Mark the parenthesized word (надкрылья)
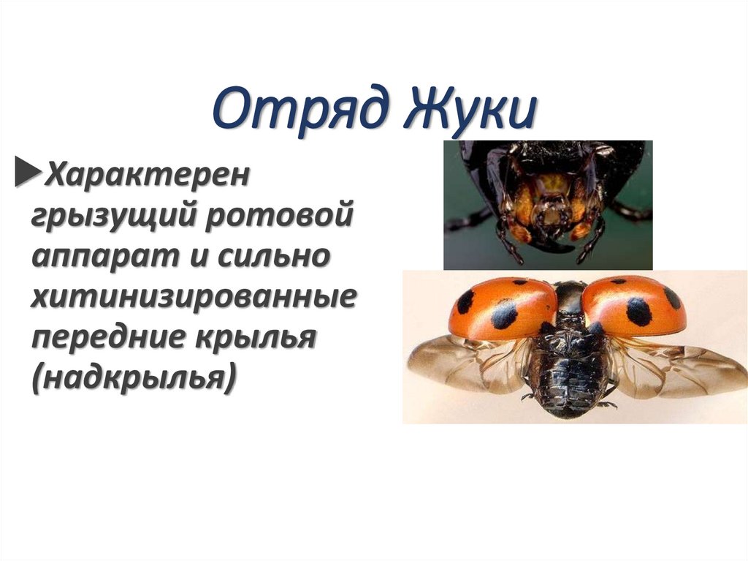[x=134, y=380]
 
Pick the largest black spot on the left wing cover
[x=504, y=315]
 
